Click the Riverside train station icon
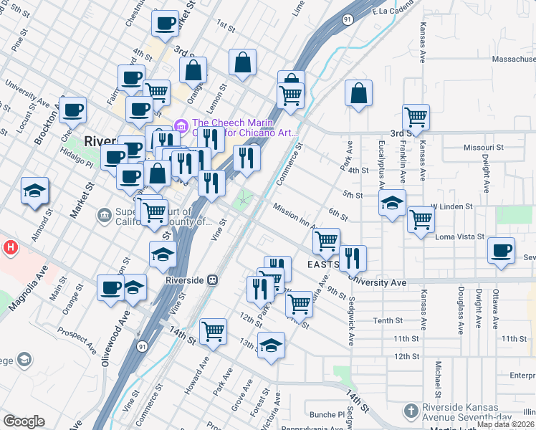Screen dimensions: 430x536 pyautogui.click(x=212, y=279)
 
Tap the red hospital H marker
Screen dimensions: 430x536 pyautogui.click(x=11, y=249)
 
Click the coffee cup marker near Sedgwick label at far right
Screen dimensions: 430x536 pyautogui.click(x=501, y=252)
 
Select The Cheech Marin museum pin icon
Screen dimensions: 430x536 pyautogui.click(x=181, y=126)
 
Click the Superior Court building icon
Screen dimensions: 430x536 pyautogui.click(x=105, y=214)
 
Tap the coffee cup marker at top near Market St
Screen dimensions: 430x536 pyautogui.click(x=165, y=23)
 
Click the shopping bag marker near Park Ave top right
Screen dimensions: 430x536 pyautogui.click(x=358, y=93)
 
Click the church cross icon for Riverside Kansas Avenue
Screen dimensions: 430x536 pyautogui.click(x=411, y=411)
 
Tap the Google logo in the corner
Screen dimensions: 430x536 pyautogui.click(x=24, y=421)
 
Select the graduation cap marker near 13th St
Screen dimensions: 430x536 pyautogui.click(x=271, y=345)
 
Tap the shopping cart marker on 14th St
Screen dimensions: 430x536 pyautogui.click(x=214, y=330)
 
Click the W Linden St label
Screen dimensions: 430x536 pyautogui.click(x=451, y=206)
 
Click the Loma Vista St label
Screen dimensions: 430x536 pyautogui.click(x=461, y=236)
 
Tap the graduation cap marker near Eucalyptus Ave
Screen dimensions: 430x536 pyautogui.click(x=393, y=203)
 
